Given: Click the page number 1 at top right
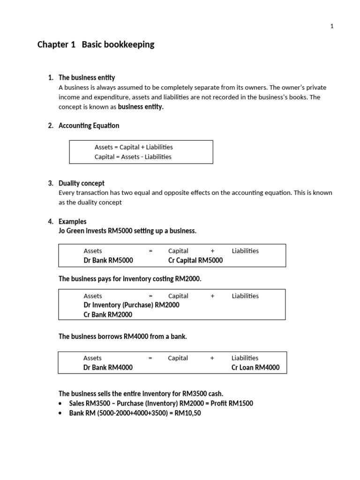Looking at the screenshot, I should click(332, 26).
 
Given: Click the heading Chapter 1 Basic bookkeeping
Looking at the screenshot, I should click(96, 45).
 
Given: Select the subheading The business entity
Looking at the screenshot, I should click(87, 77).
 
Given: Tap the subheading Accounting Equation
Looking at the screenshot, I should click(89, 126).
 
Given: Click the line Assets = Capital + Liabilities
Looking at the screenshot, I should click(134, 147).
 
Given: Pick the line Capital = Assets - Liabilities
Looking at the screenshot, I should click(133, 157).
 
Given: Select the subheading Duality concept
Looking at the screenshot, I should click(82, 183).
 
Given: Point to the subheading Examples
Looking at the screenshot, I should click(73, 221).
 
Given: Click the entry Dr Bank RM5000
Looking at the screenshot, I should click(108, 260).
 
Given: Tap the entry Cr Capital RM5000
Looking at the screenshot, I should click(195, 260).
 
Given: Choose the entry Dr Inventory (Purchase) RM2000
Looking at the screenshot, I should click(131, 305).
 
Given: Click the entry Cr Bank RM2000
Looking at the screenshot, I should click(108, 315).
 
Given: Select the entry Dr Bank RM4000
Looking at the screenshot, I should click(108, 367).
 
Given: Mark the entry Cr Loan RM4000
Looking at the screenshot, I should click(255, 367).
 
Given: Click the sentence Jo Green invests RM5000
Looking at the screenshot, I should click(127, 231).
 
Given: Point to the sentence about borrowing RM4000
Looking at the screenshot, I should click(123, 337).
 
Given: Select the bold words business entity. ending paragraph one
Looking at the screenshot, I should click(141, 107).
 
